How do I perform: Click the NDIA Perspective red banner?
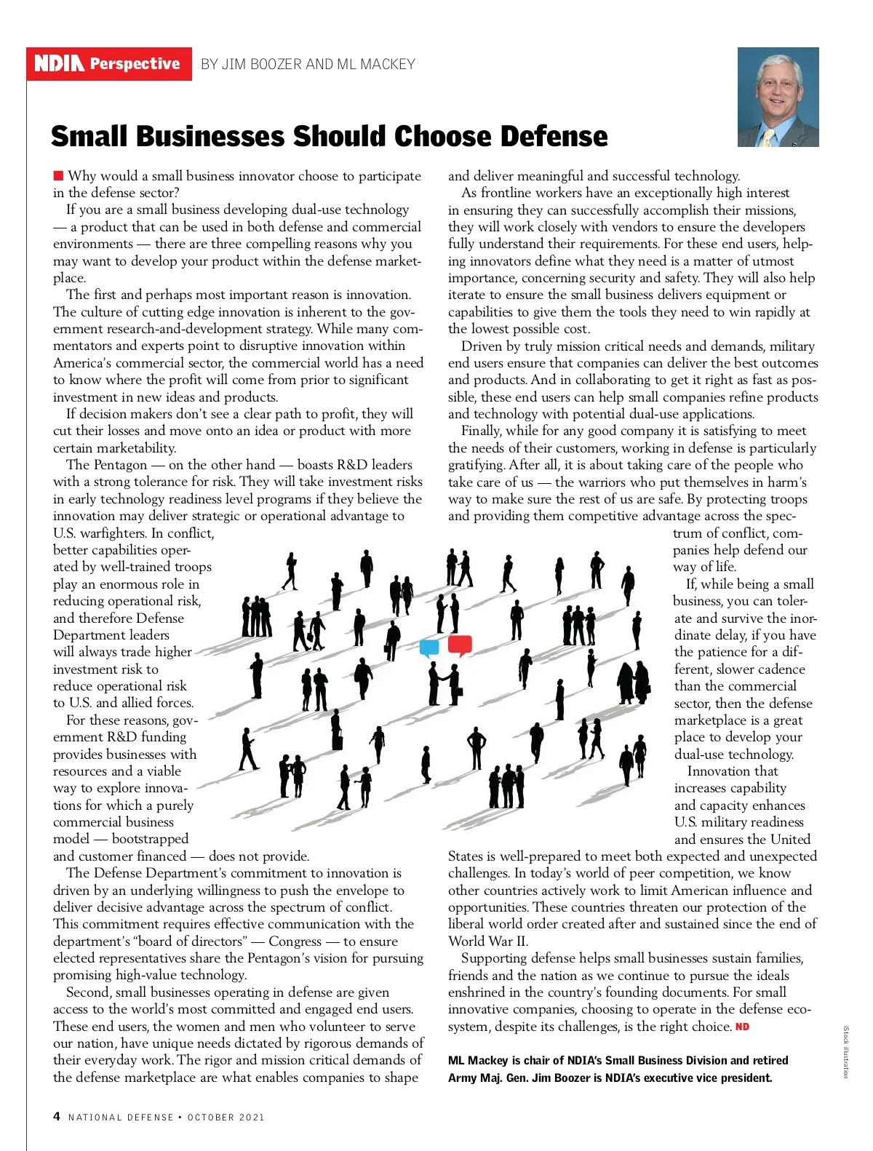click(109, 64)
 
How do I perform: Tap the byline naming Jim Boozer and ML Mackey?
click(308, 64)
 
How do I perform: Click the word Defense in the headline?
click(553, 136)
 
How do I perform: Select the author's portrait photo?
click(778, 97)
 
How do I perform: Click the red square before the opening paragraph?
click(58, 175)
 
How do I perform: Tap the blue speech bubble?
click(430, 647)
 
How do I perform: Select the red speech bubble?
click(460, 644)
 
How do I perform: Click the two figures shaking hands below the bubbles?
click(444, 685)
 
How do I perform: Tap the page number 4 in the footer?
click(57, 1116)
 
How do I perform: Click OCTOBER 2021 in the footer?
click(226, 1117)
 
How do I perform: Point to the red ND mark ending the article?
click(742, 1027)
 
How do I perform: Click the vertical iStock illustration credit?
click(845, 1052)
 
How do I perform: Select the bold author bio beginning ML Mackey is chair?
click(618, 1069)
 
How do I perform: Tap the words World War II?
click(487, 941)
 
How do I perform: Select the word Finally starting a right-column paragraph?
click(481, 431)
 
